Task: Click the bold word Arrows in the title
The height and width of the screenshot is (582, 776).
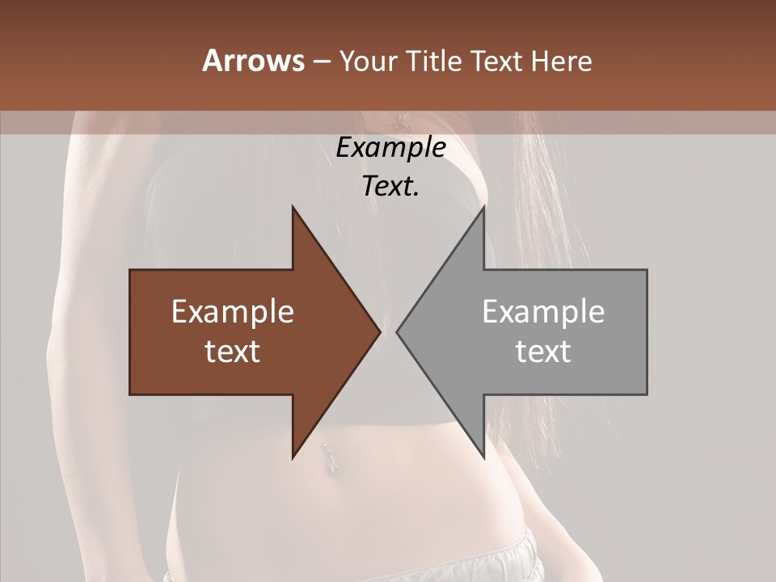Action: click(253, 61)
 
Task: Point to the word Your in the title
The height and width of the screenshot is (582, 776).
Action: click(366, 61)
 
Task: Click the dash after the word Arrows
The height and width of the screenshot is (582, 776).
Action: click(320, 61)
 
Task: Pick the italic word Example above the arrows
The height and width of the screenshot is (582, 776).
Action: click(390, 148)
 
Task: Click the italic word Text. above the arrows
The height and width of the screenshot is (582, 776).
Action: click(390, 186)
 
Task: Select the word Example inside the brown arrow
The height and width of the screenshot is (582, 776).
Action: click(233, 311)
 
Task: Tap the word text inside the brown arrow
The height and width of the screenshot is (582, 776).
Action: click(233, 351)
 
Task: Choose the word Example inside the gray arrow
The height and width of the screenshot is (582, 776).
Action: click(543, 311)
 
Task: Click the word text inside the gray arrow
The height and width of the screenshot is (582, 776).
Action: click(543, 351)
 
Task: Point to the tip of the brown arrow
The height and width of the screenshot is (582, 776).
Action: click(380, 331)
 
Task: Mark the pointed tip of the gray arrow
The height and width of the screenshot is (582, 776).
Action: click(397, 331)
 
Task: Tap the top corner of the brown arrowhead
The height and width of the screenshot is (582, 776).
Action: click(293, 207)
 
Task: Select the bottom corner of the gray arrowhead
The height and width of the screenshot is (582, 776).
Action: click(483, 457)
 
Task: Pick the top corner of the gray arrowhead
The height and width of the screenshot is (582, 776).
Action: click(483, 207)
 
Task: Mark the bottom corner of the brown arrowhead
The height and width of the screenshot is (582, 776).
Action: click(293, 457)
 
